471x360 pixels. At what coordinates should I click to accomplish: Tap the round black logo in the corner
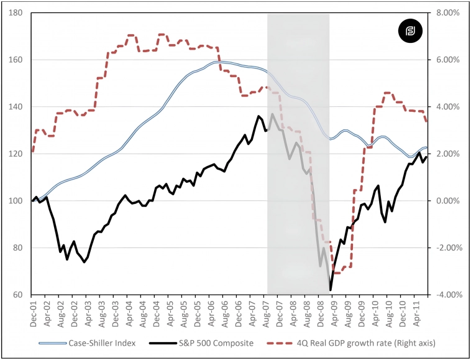(411, 31)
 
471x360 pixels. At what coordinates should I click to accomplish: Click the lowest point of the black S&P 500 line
(330, 290)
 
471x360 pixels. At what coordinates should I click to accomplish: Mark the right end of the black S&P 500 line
(426, 155)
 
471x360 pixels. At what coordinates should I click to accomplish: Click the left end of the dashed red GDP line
(32, 151)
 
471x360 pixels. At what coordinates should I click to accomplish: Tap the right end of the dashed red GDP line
(426, 121)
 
